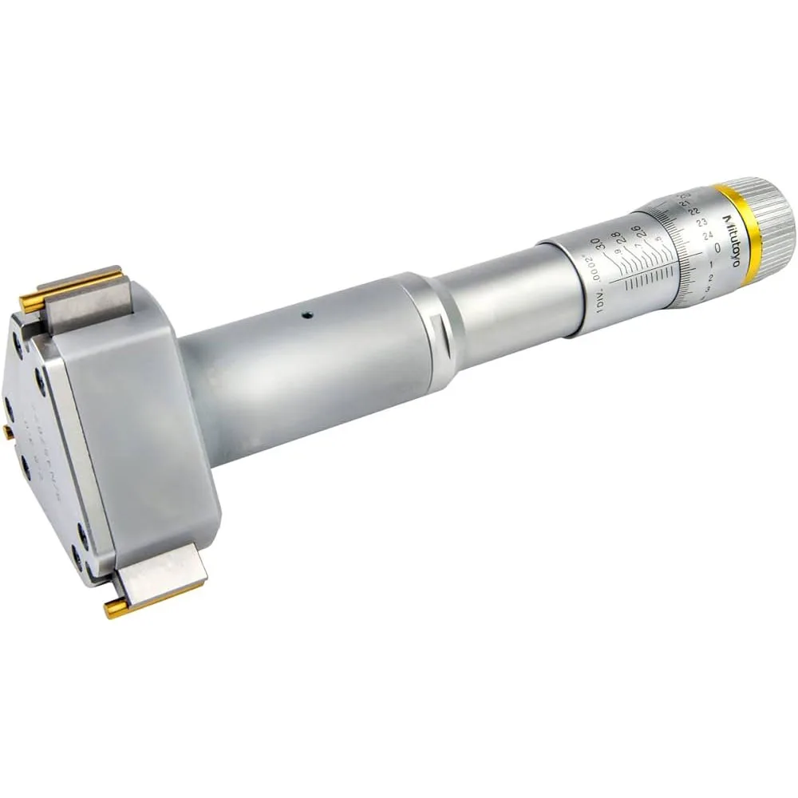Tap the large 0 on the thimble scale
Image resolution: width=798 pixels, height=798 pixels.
[717, 249]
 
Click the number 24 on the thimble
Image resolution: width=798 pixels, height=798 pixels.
[708, 236]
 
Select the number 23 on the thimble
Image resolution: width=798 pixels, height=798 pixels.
[701, 224]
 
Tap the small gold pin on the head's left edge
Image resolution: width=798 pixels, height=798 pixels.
[7, 432]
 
